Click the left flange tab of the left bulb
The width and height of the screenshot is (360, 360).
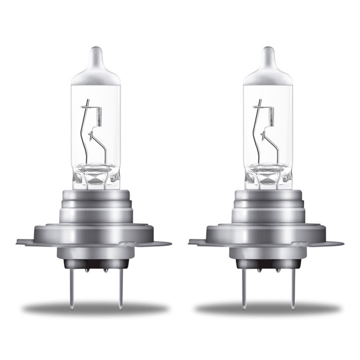pos(24,242)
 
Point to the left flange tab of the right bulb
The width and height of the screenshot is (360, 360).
pos(196,242)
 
